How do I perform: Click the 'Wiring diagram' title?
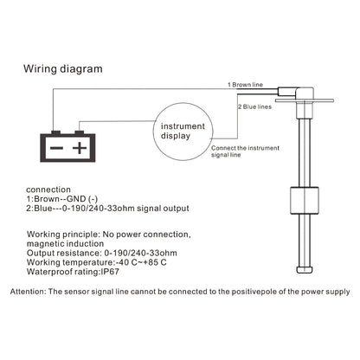63,69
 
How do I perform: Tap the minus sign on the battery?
56,148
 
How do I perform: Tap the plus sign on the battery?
80,148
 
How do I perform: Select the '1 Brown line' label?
245,85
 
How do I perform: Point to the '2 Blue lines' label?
254,106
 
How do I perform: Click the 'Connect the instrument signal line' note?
245,151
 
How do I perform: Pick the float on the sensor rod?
305,201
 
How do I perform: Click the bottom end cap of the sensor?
305,270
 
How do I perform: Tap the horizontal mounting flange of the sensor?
305,100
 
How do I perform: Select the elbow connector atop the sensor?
297,93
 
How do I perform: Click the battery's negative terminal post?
56,133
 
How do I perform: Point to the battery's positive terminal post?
80,133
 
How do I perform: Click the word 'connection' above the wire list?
48,190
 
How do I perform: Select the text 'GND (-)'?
82,199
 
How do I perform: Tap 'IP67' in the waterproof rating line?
109,272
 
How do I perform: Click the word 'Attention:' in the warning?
28,292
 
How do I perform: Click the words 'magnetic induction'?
65,244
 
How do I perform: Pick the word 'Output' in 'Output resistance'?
40,253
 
